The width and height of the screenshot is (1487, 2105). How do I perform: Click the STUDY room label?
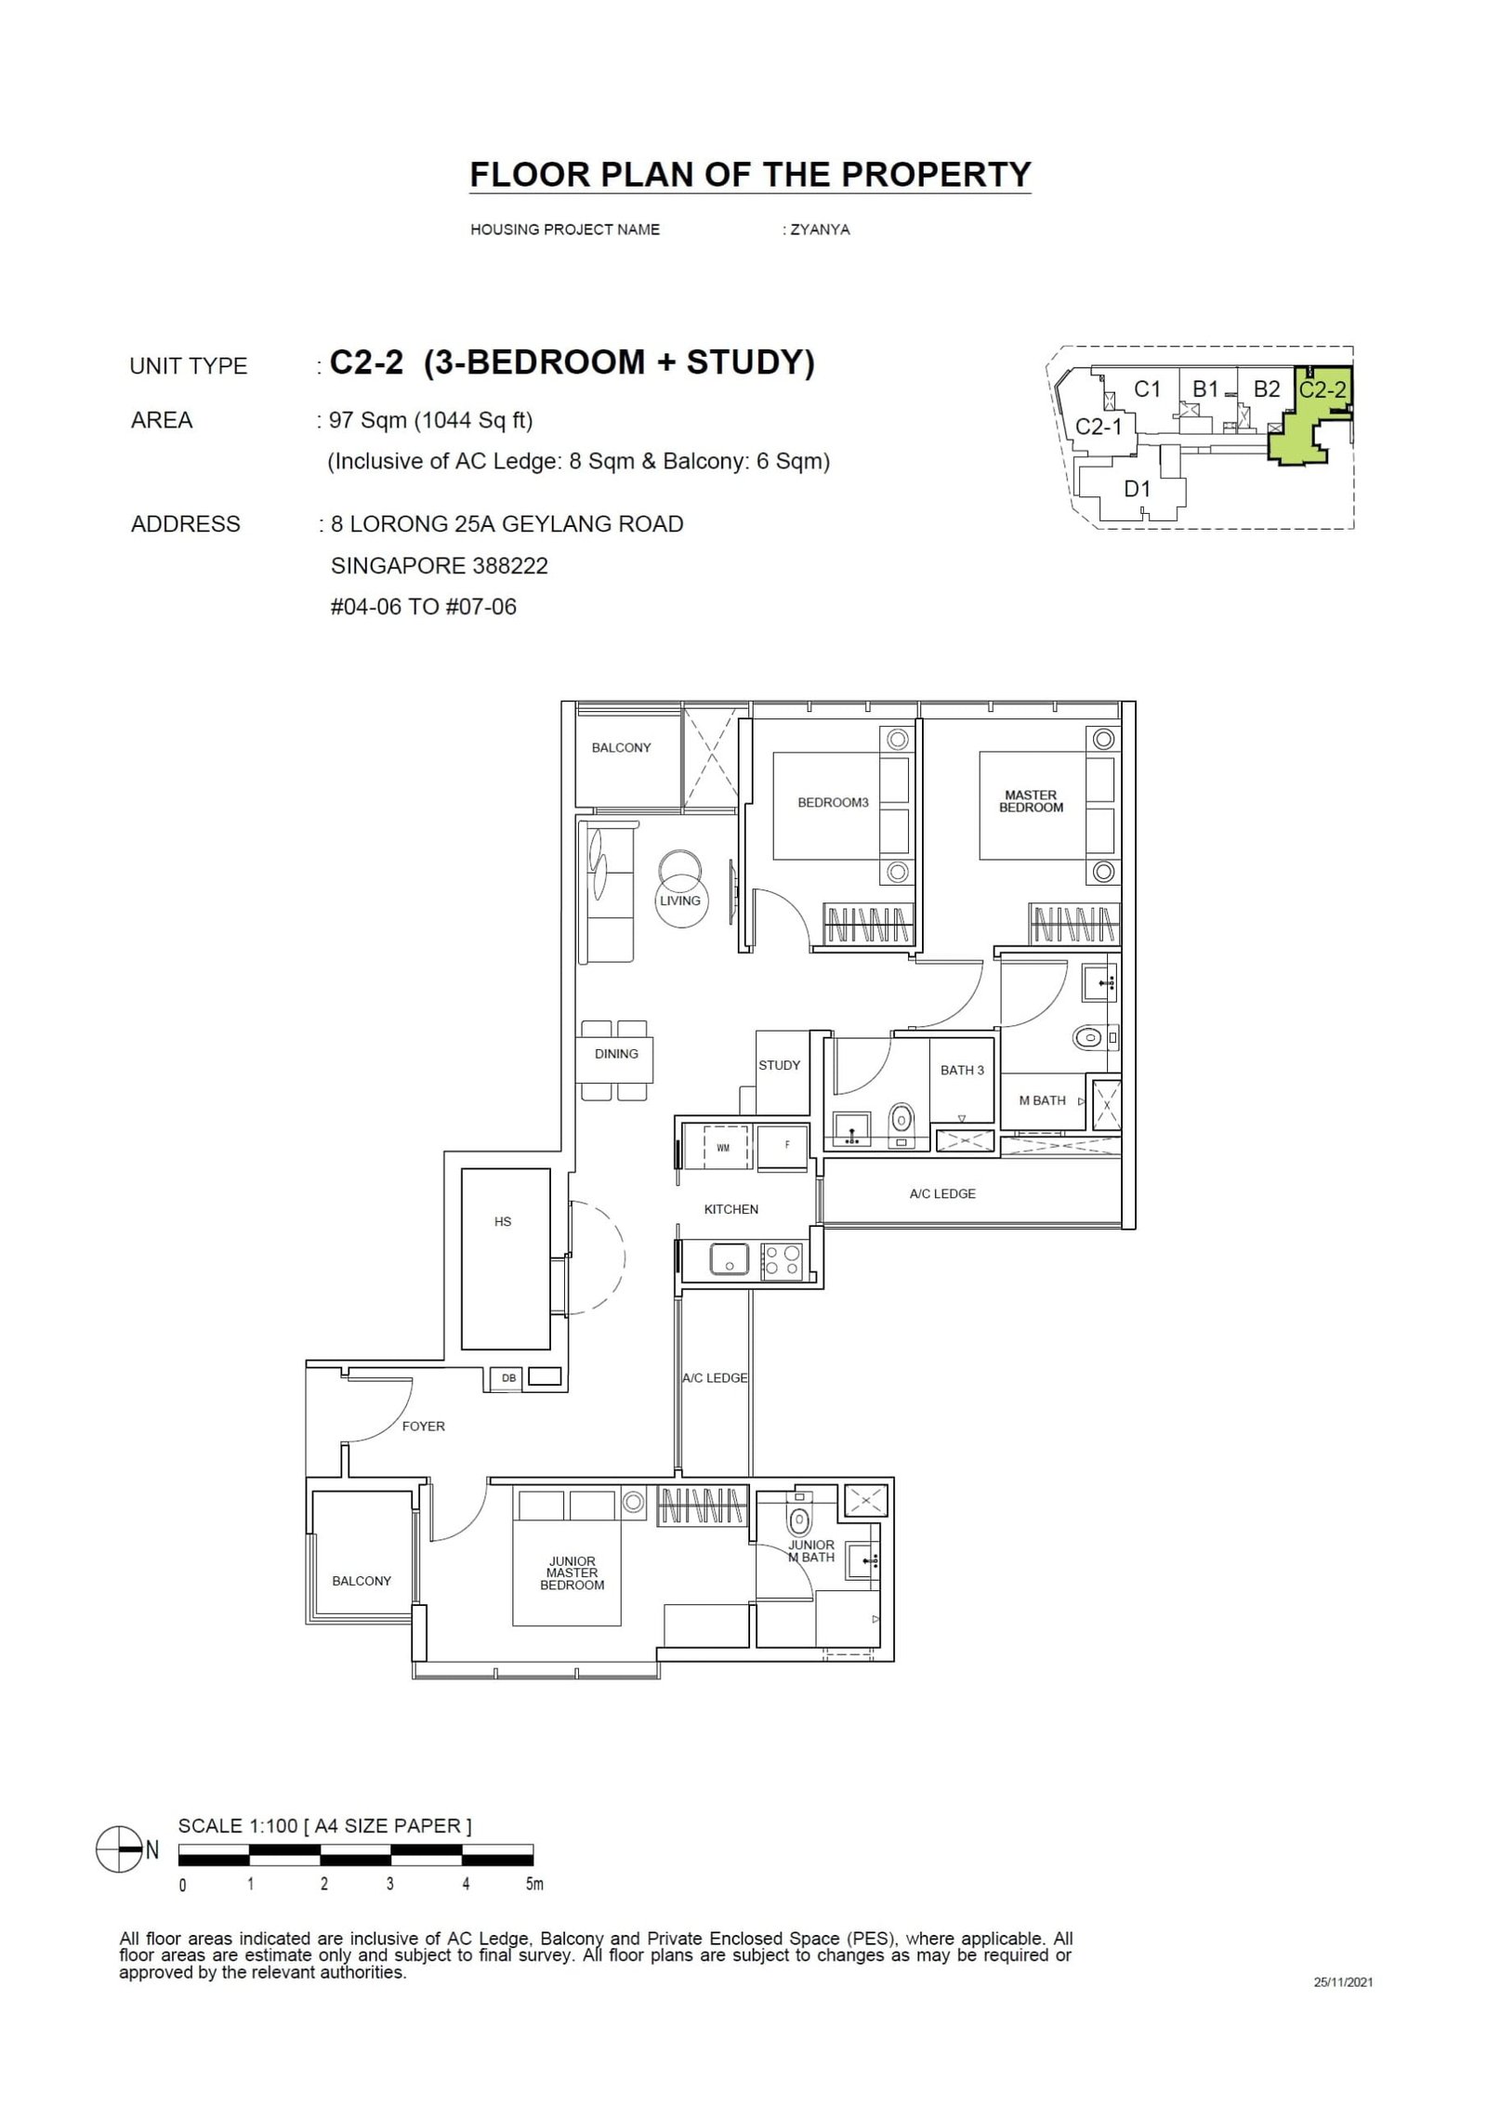click(778, 1065)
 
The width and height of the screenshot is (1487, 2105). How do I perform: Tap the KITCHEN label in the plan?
click(730, 1209)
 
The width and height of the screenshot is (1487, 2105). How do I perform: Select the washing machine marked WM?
click(722, 1148)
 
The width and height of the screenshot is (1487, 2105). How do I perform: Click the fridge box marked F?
click(786, 1146)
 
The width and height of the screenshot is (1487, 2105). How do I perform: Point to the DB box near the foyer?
click(508, 1378)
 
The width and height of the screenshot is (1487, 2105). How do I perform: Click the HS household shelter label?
click(503, 1222)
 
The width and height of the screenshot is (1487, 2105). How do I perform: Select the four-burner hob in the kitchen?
click(781, 1260)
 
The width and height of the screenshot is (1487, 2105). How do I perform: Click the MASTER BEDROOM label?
click(1031, 801)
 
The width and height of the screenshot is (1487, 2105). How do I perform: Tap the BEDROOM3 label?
click(833, 802)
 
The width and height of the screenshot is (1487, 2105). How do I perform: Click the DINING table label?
click(616, 1053)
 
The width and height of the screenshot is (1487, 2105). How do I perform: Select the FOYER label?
click(423, 1426)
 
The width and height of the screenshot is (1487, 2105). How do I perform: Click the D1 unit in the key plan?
click(1138, 488)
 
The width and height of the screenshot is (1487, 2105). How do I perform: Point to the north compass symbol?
click(117, 1849)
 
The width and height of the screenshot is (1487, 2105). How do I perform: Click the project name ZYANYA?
click(818, 230)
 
